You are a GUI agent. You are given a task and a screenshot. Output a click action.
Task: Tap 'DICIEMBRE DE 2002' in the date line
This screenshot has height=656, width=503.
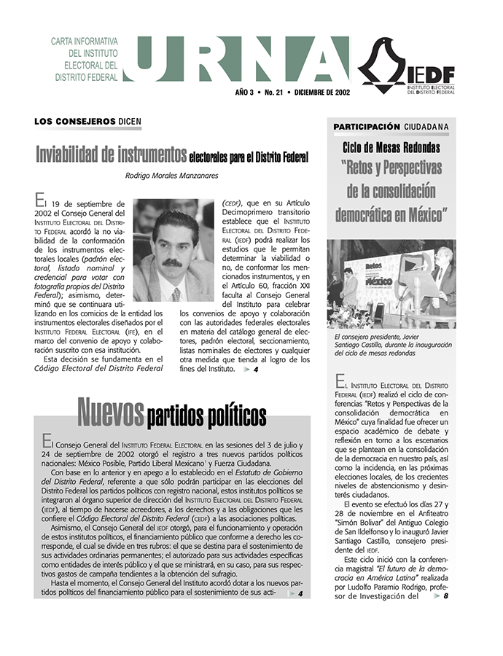pos(321,93)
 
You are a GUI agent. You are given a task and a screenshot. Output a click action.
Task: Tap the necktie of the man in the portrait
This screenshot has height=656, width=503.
pos(176,294)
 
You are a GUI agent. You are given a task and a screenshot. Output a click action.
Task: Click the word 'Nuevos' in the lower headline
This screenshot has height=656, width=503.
pos(110,413)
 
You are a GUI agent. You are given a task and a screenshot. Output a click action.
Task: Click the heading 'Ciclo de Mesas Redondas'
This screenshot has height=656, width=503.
pos(391,148)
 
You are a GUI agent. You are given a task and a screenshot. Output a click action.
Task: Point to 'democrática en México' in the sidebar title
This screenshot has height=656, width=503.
pos(391,215)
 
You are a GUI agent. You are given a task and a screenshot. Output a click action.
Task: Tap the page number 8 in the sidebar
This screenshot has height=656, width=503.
pos(445,596)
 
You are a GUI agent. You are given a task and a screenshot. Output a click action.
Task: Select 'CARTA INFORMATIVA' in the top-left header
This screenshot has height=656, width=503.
pos(84,42)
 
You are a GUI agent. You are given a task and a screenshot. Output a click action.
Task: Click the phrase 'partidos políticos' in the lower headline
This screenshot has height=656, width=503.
pos(206,417)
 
